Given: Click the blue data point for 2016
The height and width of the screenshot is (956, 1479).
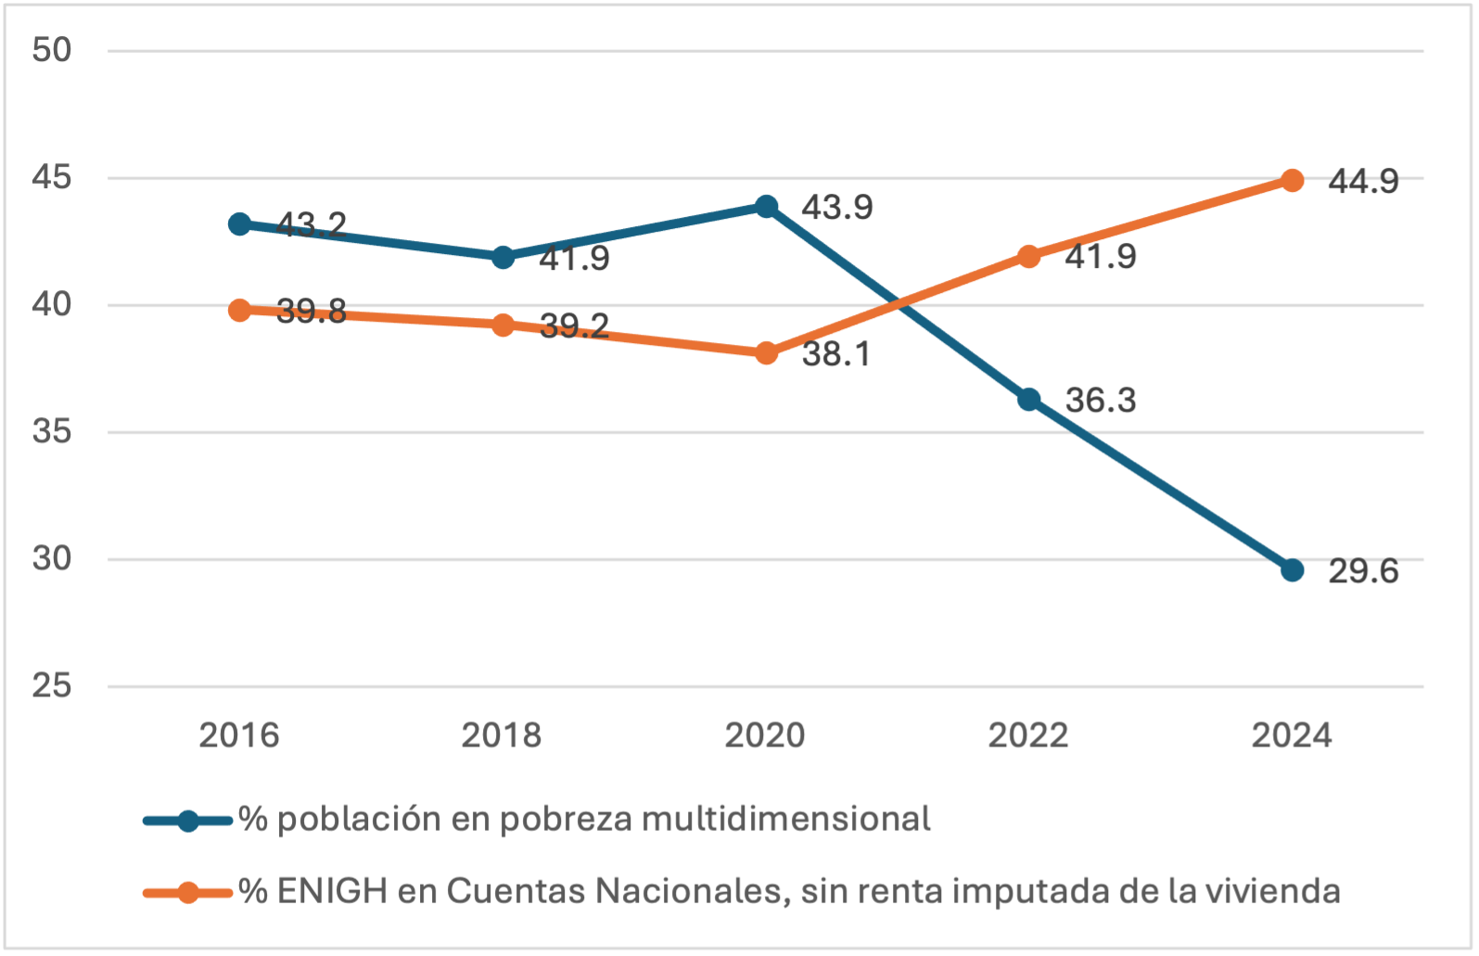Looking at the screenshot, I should pos(239,223).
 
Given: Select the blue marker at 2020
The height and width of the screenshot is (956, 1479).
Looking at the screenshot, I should pos(766,206).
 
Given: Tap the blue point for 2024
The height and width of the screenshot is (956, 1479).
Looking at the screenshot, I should pos(1292,569).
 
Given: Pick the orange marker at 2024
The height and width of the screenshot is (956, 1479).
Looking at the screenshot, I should pos(1292,180).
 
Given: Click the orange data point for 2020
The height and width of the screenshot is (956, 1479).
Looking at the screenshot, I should pos(766,353).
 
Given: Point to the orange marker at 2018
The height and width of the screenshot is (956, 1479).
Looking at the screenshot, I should pos(503,325).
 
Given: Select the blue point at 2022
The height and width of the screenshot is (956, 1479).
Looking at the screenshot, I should pos(1028,400).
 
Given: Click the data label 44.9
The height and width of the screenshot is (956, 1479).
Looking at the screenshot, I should pos(1363,181).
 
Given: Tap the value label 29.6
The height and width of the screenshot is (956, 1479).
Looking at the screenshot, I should pos(1363,571).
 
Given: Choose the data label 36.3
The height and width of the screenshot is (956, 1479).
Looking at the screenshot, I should pos(1101,401).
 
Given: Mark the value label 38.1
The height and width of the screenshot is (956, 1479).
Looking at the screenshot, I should pos(836,354).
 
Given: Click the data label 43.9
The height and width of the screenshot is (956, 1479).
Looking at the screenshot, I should pos(837,207).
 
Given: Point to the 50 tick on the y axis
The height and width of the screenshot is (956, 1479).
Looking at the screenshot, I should pos(52,49).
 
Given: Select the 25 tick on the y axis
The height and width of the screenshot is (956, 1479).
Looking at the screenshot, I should pos(52,686).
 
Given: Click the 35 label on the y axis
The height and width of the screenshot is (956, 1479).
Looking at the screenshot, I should pos(52,432).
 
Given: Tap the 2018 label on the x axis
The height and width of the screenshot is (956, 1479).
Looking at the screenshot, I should pos(502,735).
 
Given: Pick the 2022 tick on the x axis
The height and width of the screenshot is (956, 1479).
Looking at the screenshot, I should pos(1028,735).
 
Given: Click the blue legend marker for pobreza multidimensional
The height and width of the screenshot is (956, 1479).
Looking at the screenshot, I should pos(188,821).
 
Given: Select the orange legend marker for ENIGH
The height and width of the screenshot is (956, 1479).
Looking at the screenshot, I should pos(188,892).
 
